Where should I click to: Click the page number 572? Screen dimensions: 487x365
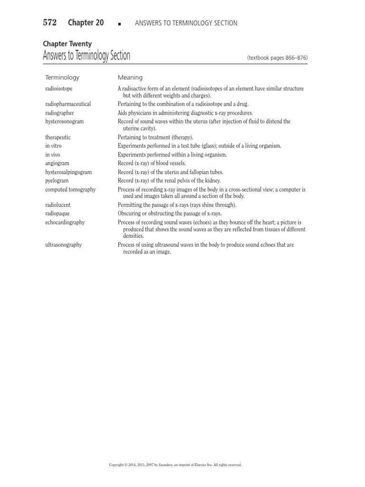[50, 22]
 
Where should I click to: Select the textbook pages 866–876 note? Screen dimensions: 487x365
[277, 58]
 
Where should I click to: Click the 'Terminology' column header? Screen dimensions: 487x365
[62, 77]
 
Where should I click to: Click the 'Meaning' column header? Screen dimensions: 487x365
[130, 77]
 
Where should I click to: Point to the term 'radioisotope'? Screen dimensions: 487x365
[59, 88]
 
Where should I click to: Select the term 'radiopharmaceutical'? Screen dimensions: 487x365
[68, 104]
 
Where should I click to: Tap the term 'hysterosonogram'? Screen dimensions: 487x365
[64, 121]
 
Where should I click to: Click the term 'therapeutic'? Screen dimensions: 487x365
[58, 137]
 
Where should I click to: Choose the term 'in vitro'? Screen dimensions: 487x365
[53, 146]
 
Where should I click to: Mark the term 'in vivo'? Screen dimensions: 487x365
[53, 155]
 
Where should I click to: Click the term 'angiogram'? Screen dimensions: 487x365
[57, 163]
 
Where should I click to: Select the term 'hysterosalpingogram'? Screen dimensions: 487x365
[68, 172]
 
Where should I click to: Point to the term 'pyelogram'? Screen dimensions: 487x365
[57, 181]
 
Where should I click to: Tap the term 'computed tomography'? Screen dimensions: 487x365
[70, 189]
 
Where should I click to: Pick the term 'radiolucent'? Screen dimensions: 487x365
[58, 205]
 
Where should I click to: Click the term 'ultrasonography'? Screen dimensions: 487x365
[63, 244]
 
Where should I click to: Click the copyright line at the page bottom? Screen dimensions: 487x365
[175, 465]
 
